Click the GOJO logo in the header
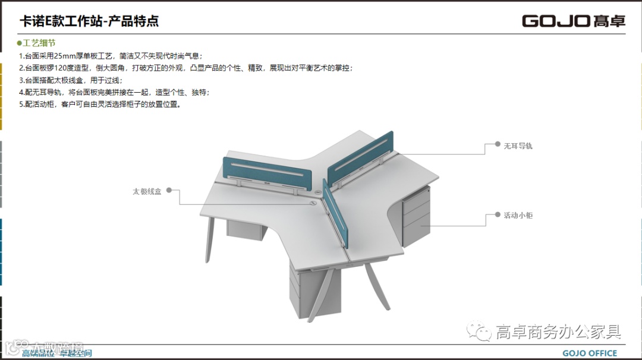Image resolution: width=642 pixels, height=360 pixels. pyautogui.click(x=573, y=21)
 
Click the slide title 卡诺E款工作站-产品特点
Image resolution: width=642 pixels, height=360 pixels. pyautogui.click(x=89, y=22)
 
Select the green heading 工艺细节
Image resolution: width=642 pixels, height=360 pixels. pyautogui.click(x=39, y=43)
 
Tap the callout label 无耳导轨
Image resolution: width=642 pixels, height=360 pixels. pyautogui.click(x=518, y=145)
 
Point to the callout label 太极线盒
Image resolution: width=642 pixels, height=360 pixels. pyautogui.click(x=147, y=191)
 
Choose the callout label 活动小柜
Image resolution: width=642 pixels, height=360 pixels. pyautogui.click(x=518, y=215)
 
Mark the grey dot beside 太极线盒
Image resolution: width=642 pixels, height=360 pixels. pyautogui.click(x=169, y=191)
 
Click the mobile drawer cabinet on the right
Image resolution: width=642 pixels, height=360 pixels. pyautogui.click(x=416, y=217)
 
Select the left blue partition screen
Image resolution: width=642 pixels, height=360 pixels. pyautogui.click(x=267, y=173)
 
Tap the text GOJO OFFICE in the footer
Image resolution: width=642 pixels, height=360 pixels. pyautogui.click(x=590, y=353)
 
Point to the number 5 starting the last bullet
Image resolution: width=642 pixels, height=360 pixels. pyautogui.click(x=21, y=104)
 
